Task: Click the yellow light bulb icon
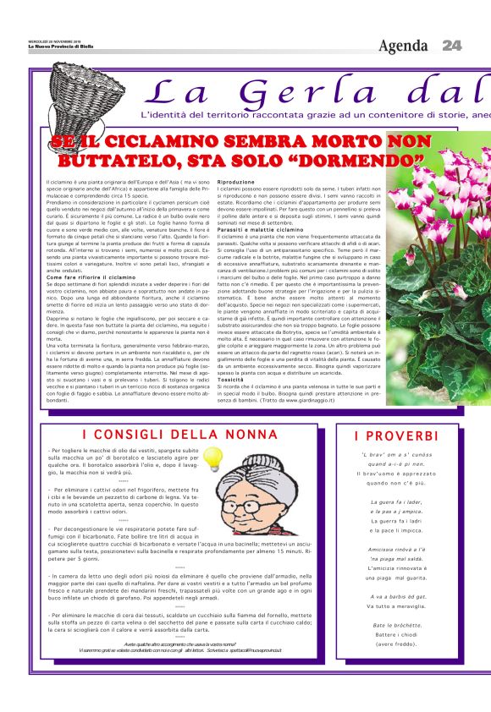212,457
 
